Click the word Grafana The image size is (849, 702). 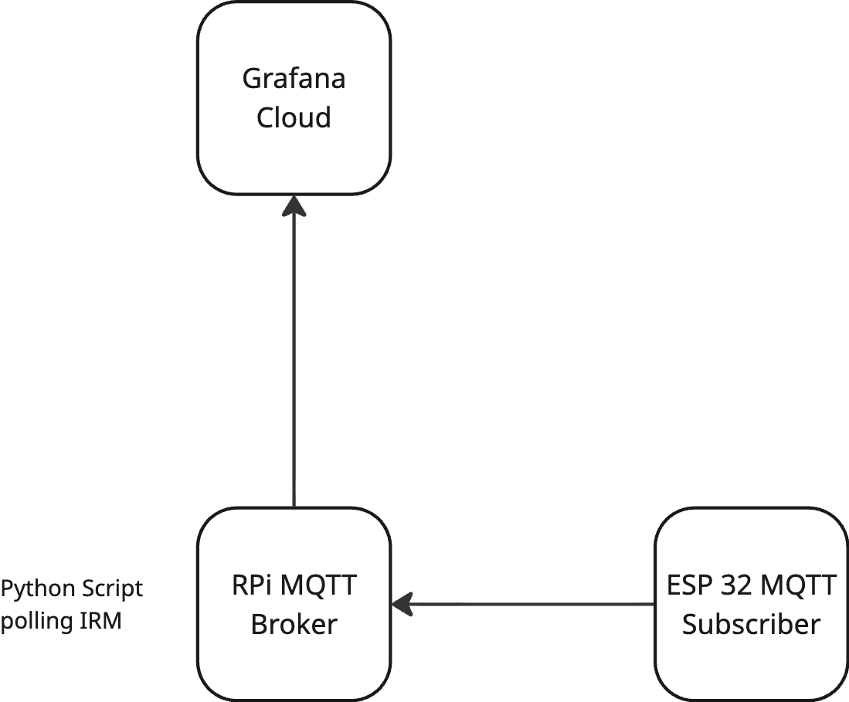294,79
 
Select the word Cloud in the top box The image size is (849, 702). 294,118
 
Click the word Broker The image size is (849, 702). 294,624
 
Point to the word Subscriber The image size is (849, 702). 751,624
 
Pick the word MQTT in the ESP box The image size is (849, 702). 799,586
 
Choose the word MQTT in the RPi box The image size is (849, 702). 318,586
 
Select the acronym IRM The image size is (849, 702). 100,622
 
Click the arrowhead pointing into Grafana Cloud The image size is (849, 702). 294,205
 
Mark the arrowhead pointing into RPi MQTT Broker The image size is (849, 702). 402,604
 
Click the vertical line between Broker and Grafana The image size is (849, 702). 294,363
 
